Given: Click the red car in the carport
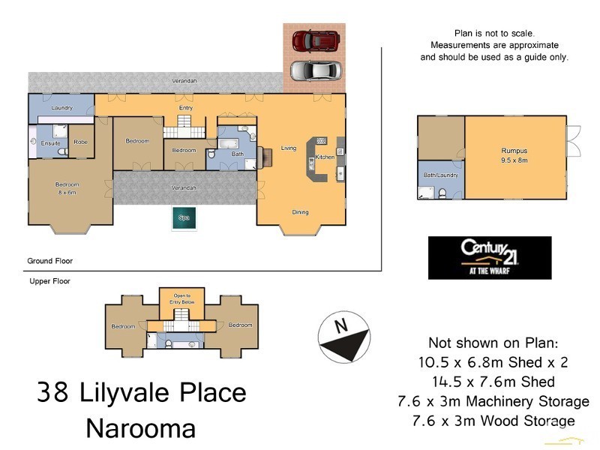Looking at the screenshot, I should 314,40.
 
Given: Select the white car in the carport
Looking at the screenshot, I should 315,70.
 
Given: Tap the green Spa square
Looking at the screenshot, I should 184,218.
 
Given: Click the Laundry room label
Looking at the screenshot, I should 61,108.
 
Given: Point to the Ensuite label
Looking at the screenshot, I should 51,142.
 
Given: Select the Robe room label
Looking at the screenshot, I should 80,142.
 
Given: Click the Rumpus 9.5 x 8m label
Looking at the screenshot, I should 515,154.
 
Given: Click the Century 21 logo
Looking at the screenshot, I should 489,257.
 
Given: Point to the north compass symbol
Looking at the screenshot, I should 344,339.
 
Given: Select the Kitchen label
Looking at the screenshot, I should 325,157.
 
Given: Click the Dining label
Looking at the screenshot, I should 300,212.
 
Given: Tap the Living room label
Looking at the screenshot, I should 289,148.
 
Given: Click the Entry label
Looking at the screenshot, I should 185,108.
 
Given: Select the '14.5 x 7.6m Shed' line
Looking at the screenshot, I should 493,382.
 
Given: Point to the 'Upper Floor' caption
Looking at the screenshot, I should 44,281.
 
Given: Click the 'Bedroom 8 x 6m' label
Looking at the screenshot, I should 66,188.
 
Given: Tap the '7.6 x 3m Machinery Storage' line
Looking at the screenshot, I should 493,401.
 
